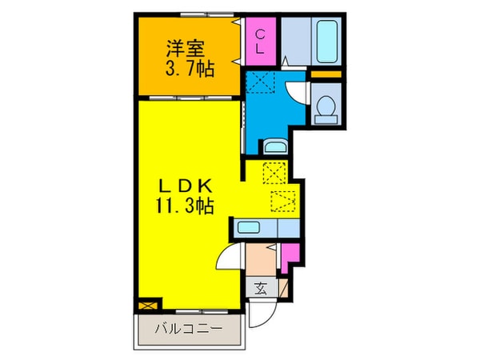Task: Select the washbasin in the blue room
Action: (x=274, y=146)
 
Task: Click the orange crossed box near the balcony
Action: (x=146, y=304)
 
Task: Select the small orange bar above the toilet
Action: (x=324, y=76)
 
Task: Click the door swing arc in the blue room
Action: (x=294, y=90)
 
